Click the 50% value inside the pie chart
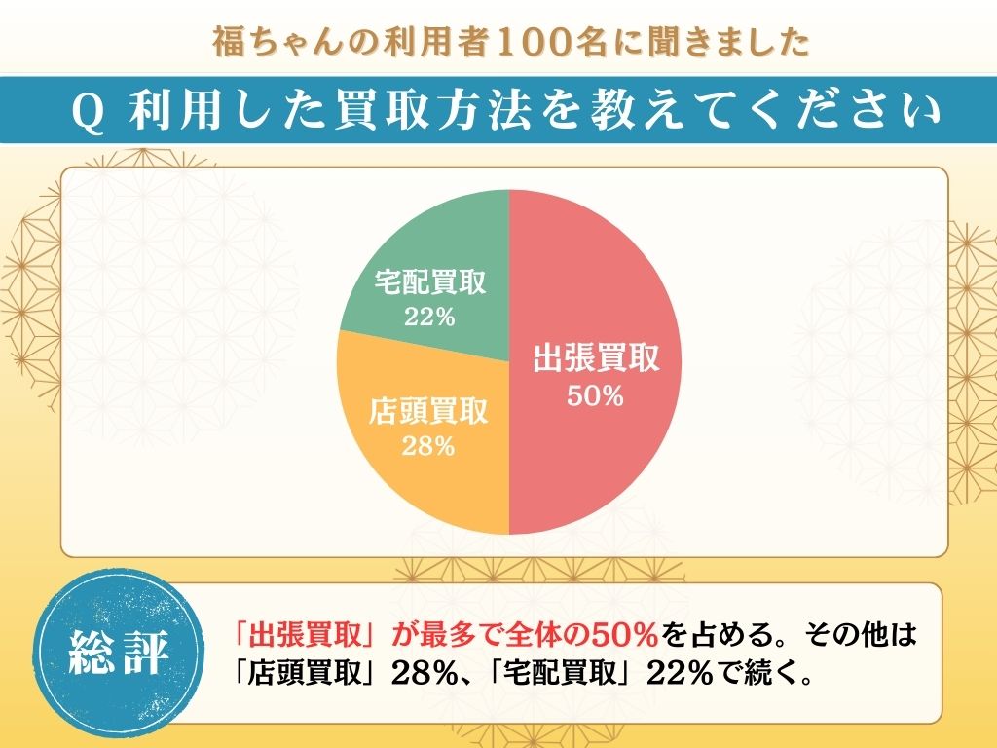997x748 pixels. tap(596, 396)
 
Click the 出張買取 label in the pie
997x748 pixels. tap(596, 359)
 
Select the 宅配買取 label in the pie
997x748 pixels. tap(430, 284)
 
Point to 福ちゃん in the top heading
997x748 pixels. tap(263, 43)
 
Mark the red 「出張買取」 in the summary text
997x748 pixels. tap(312, 636)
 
